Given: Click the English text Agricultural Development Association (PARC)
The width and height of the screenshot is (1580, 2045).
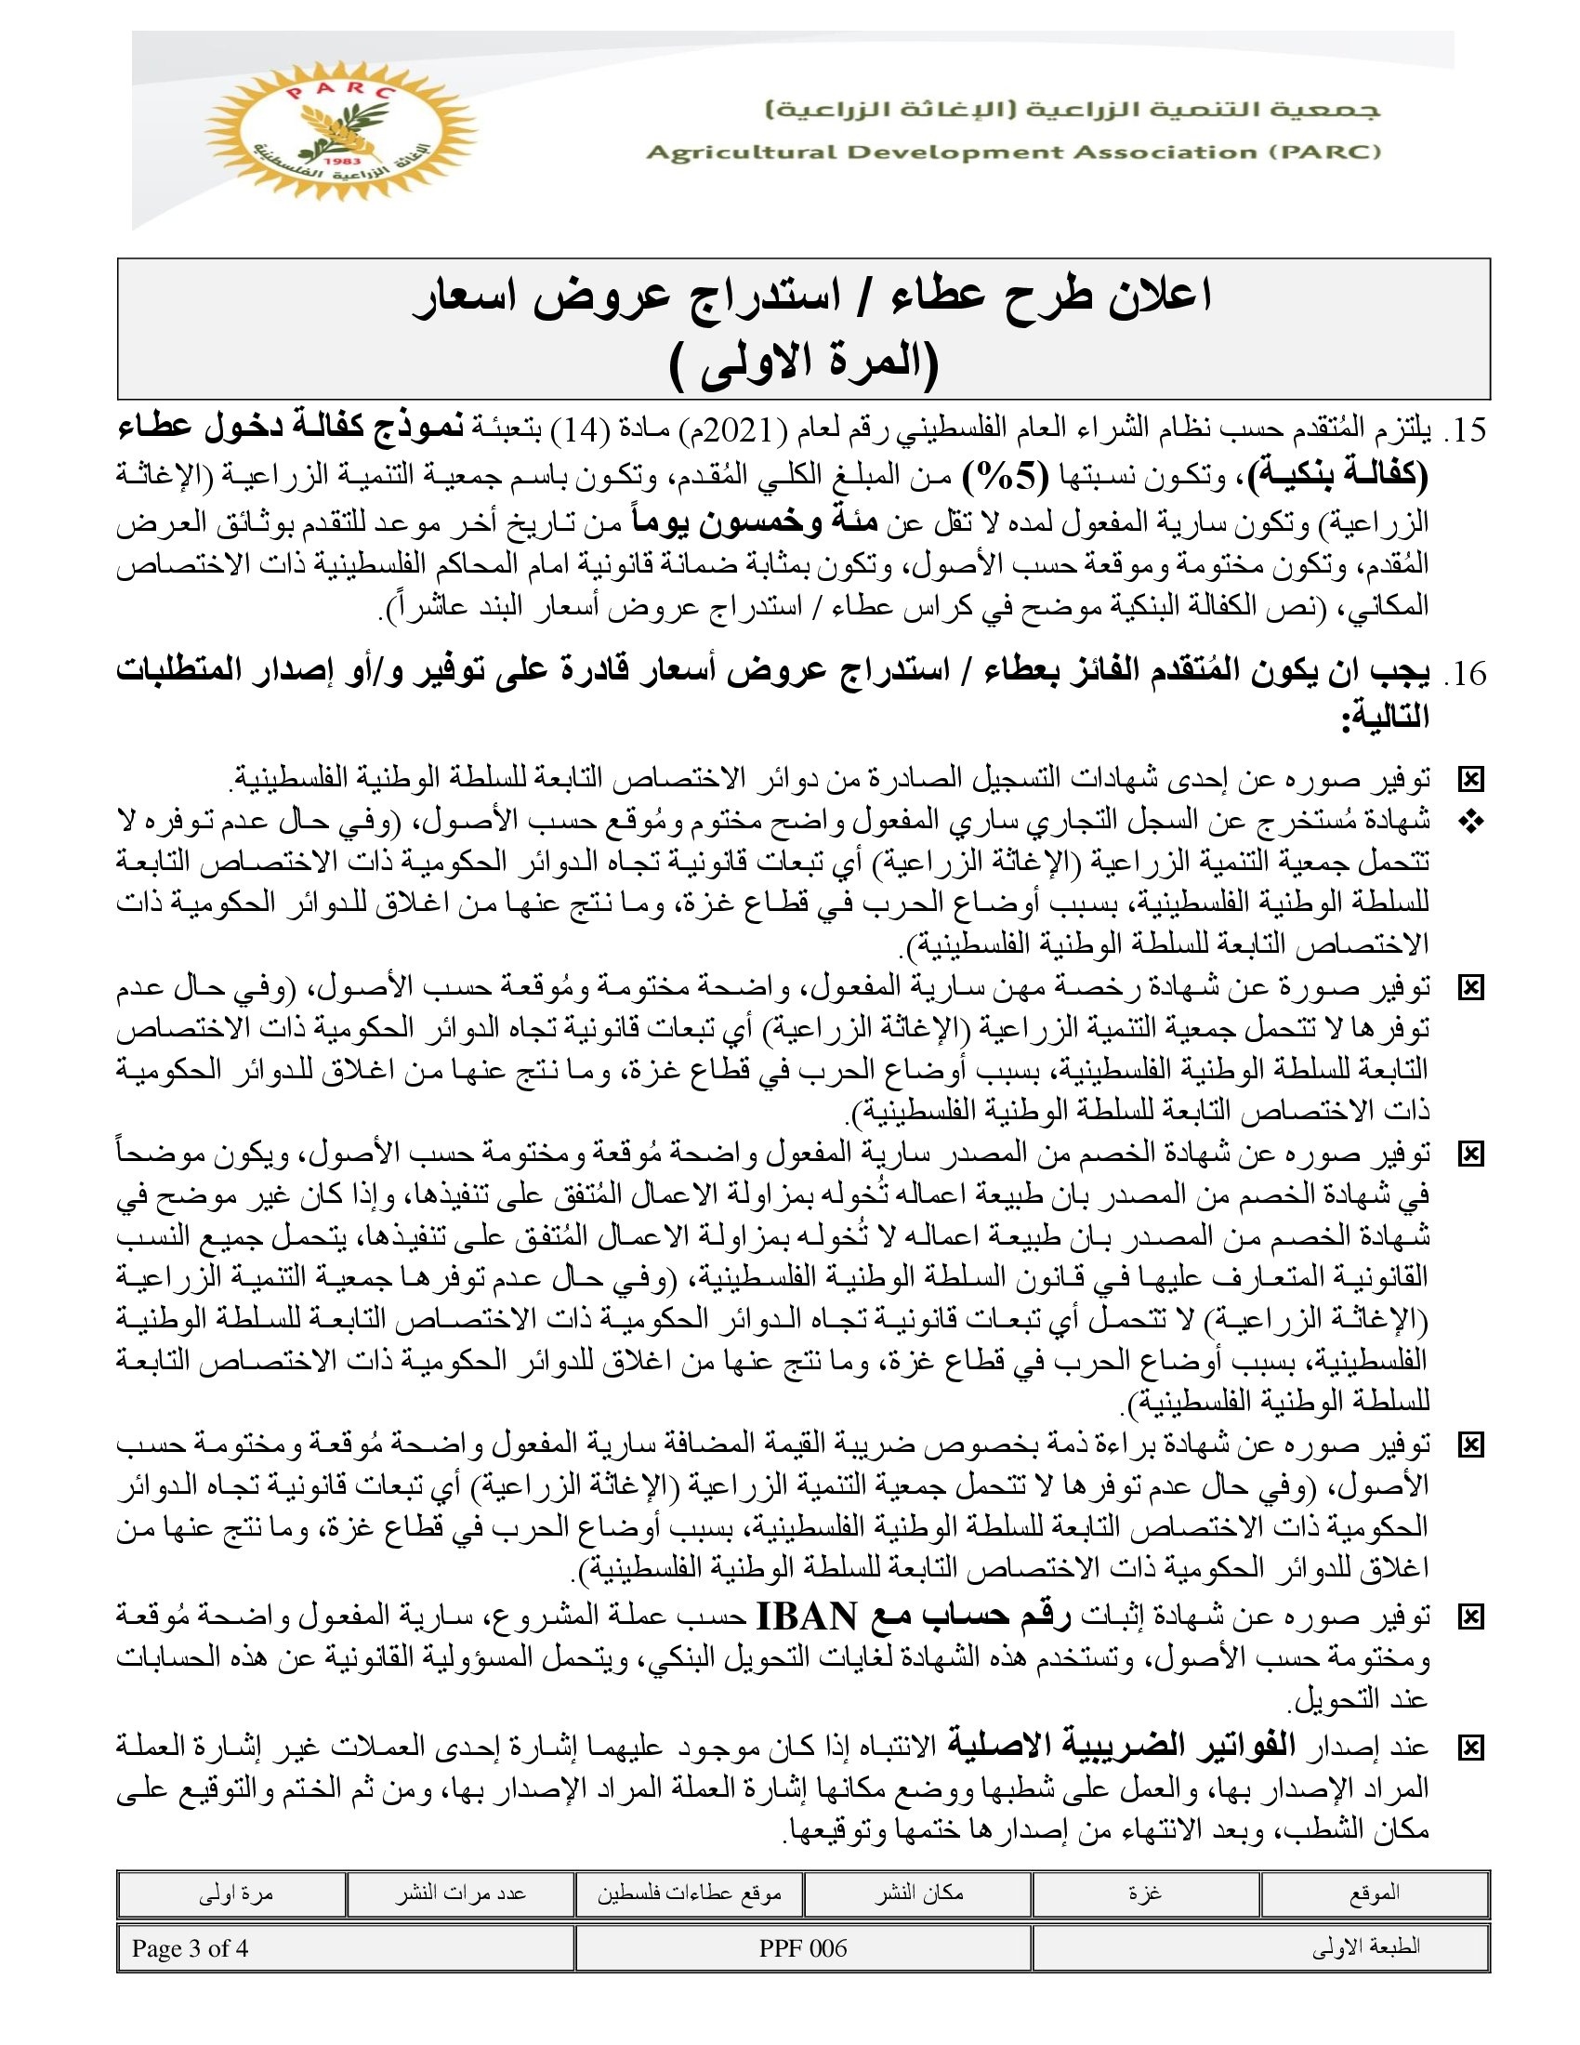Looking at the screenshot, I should point(1013,152).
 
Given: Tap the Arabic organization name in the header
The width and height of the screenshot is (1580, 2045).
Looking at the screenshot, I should point(1072,110).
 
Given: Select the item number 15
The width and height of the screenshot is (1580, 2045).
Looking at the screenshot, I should point(1465,430).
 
